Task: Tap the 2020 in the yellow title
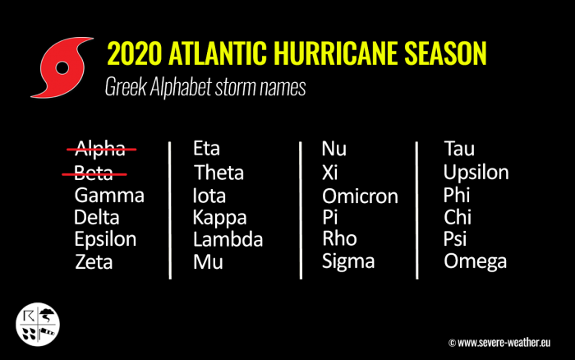click(136, 54)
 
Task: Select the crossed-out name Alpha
click(101, 148)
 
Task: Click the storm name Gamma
click(109, 196)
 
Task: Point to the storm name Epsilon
click(105, 240)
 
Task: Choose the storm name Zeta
click(94, 262)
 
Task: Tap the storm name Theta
click(218, 173)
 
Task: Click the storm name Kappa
click(219, 218)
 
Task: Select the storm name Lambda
click(228, 240)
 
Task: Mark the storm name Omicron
click(360, 196)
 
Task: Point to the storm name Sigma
click(348, 262)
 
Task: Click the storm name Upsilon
click(476, 173)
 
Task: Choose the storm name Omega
click(475, 262)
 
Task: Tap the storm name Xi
click(330, 173)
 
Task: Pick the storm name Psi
click(455, 240)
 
